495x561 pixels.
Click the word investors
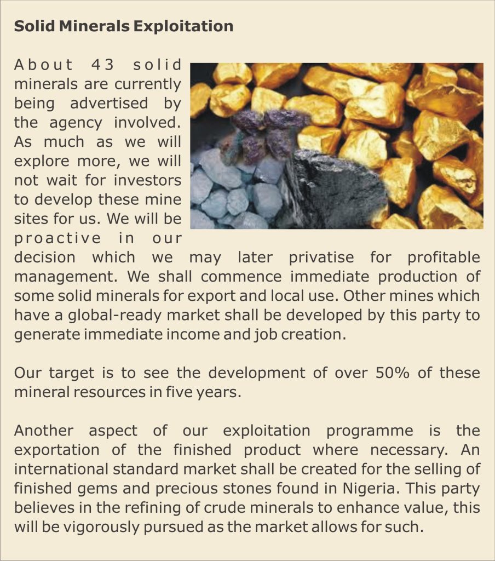point(147,180)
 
